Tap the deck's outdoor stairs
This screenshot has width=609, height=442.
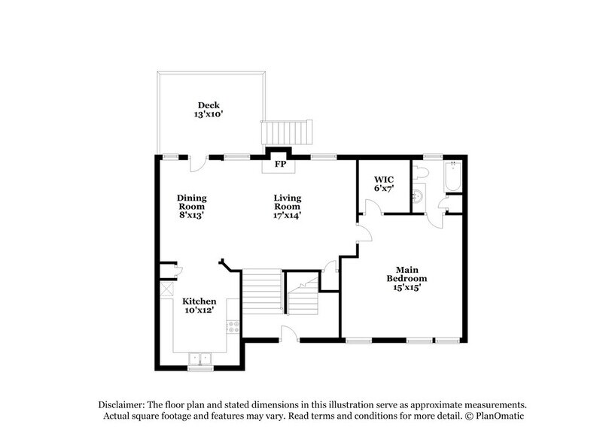click(x=285, y=132)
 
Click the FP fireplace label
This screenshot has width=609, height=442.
click(x=280, y=164)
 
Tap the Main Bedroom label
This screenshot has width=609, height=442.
click(x=403, y=277)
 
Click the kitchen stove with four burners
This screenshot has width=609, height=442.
click(x=234, y=327)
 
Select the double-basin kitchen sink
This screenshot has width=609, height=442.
click(x=199, y=359)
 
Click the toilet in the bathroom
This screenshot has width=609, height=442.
click(x=422, y=174)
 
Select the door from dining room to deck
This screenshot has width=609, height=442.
click(x=198, y=162)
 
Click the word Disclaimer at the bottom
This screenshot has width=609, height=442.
click(x=121, y=404)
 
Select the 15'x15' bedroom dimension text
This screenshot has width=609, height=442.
click(x=403, y=286)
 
